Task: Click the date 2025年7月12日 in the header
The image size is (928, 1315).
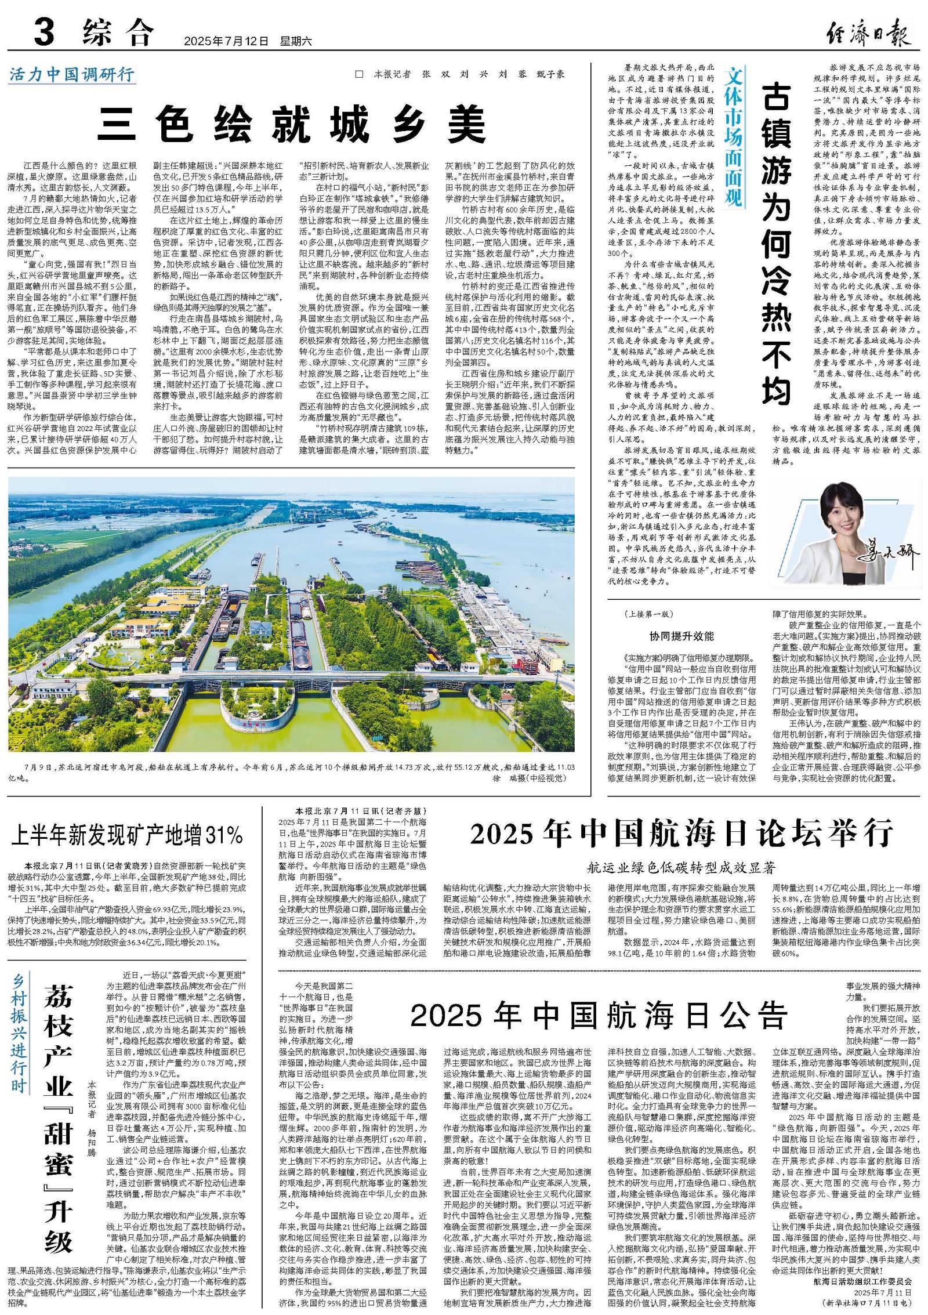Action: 227,42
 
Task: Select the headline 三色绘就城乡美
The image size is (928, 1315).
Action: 291,124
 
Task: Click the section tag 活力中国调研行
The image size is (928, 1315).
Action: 72,75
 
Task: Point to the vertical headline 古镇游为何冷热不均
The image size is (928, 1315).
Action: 777,244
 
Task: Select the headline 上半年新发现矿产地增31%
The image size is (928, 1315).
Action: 128,835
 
